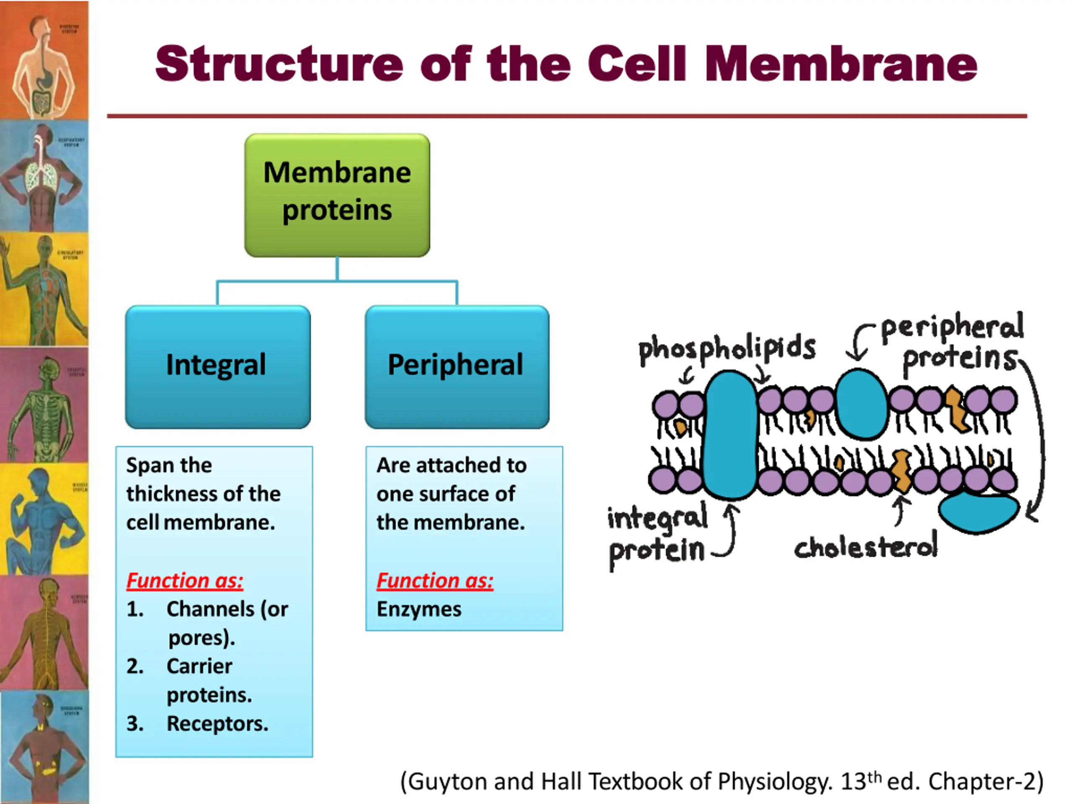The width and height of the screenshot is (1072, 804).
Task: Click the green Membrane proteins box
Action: point(337,195)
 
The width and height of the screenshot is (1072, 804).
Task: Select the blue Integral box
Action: point(218,366)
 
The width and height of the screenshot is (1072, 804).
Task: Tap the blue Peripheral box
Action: point(456,366)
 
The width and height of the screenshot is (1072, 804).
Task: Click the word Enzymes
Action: point(419,609)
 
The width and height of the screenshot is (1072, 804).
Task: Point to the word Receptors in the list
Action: point(217,724)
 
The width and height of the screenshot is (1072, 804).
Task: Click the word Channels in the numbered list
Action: point(210,609)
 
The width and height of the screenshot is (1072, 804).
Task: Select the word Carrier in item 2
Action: point(199,666)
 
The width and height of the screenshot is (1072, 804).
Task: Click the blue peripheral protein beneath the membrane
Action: point(978,512)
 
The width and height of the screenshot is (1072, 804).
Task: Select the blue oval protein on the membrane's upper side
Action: point(862,403)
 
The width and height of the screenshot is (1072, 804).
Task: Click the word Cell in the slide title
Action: point(637,64)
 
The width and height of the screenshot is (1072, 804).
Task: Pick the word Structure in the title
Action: point(278,64)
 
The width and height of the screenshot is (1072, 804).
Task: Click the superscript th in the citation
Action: point(874,777)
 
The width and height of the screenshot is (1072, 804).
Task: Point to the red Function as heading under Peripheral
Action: point(435,580)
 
